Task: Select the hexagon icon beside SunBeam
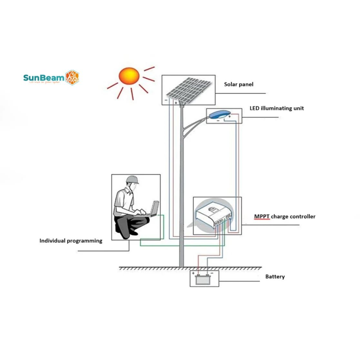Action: click(x=72, y=77)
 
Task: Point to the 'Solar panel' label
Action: click(x=239, y=84)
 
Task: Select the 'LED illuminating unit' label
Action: click(x=277, y=108)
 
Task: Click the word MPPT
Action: click(x=262, y=216)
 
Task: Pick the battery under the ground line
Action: click(x=203, y=279)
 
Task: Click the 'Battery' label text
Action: click(x=275, y=276)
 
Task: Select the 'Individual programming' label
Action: click(x=71, y=241)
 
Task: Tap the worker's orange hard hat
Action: click(x=132, y=179)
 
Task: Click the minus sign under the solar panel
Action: click(x=166, y=101)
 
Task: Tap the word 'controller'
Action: click(x=302, y=216)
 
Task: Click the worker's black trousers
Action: click(x=130, y=225)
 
